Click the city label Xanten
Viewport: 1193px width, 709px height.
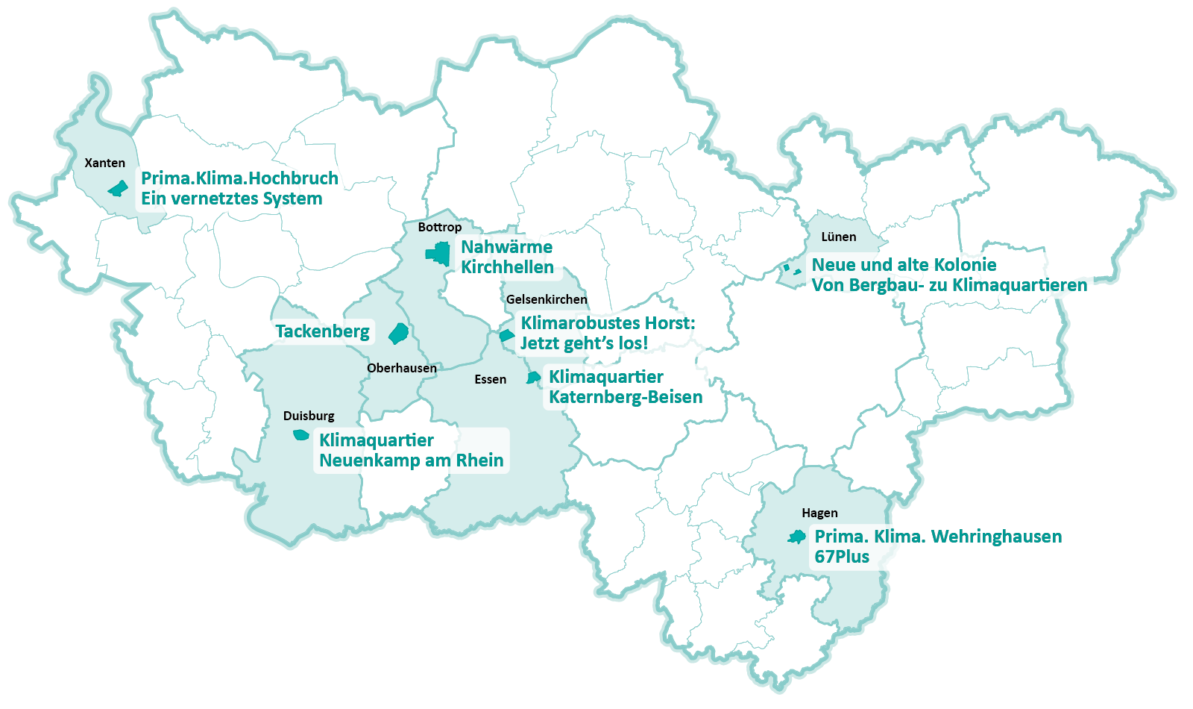click(x=104, y=163)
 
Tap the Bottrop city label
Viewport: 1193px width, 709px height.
click(x=439, y=227)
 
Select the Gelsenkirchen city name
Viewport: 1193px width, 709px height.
click(x=547, y=299)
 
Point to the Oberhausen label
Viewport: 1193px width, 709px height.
click(x=401, y=368)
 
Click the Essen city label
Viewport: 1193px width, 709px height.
click(x=490, y=379)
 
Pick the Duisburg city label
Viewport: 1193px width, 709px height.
click(x=309, y=416)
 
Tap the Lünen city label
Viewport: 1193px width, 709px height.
click(x=838, y=237)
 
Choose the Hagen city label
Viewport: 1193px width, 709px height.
click(x=819, y=513)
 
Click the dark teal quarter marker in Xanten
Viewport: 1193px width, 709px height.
click(x=118, y=188)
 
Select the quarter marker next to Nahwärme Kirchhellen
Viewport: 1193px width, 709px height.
click(x=439, y=254)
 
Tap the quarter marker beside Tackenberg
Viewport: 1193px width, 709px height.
click(x=399, y=333)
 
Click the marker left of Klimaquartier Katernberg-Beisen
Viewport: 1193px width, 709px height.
click(x=532, y=378)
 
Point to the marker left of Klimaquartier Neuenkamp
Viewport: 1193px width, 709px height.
click(x=300, y=434)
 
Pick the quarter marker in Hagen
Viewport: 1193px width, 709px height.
click(x=797, y=537)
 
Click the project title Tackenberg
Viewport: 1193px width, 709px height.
click(x=322, y=331)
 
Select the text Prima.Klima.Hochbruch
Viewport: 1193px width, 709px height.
click(x=239, y=178)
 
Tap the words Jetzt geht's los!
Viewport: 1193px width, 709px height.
click(x=584, y=343)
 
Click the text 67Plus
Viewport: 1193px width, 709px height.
click(x=842, y=557)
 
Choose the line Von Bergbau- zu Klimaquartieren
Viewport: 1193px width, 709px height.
click(x=948, y=285)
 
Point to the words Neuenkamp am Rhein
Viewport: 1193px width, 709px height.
click(x=411, y=460)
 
